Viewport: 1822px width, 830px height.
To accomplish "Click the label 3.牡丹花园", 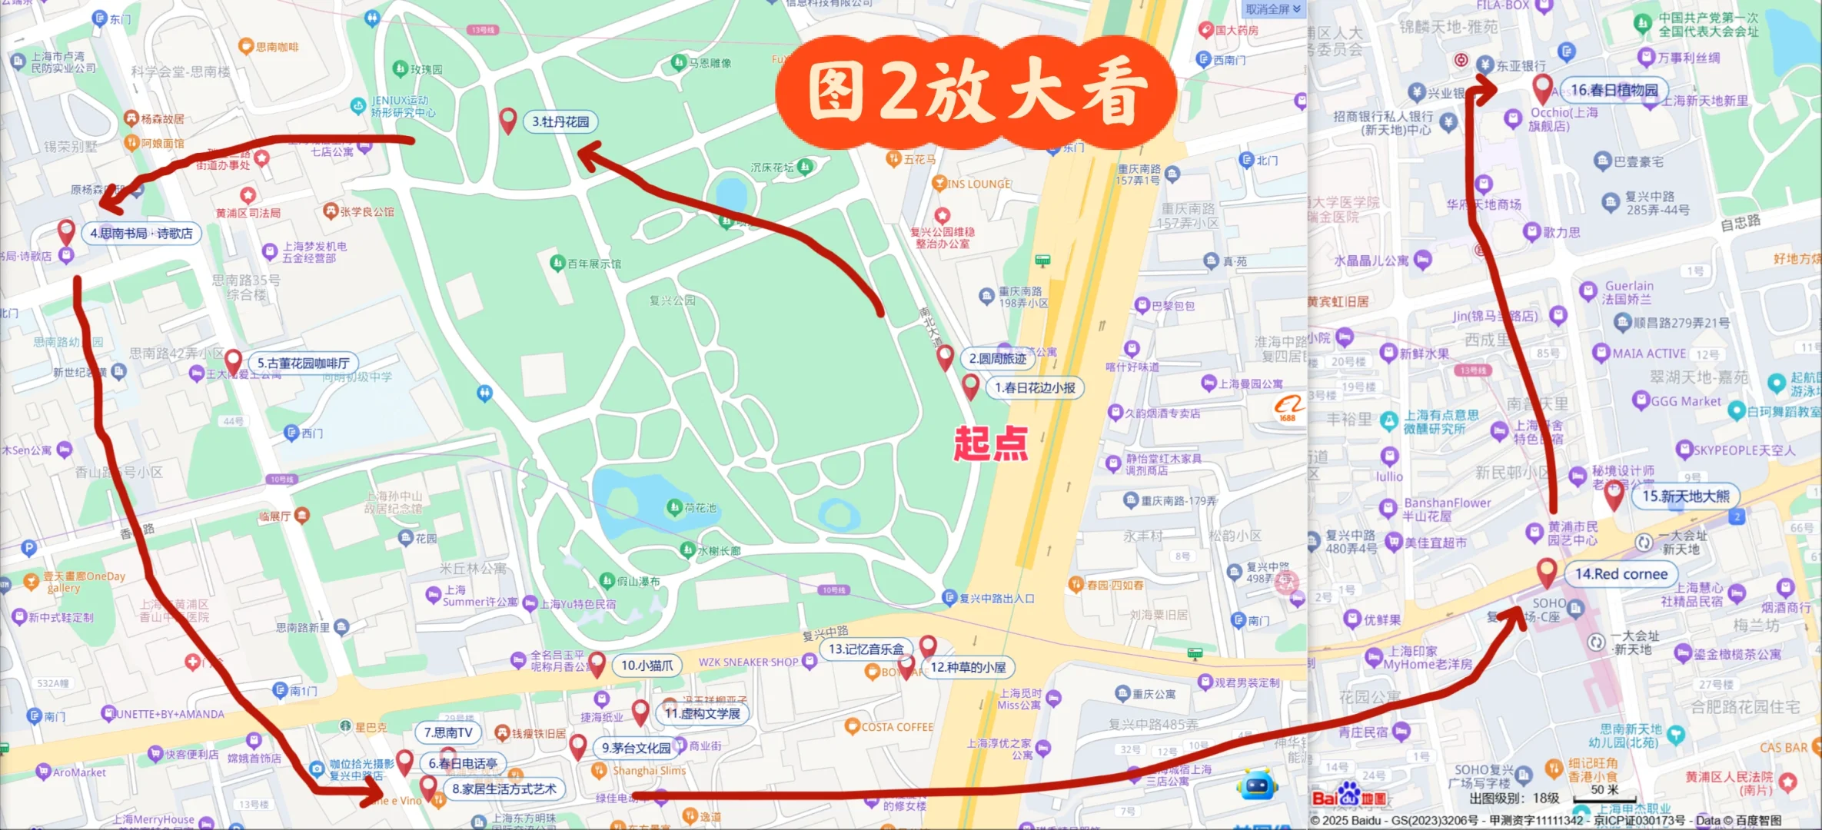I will [x=560, y=121].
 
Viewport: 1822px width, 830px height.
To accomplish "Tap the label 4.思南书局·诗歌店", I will [x=141, y=234].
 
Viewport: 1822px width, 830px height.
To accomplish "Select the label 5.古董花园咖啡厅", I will [x=303, y=364].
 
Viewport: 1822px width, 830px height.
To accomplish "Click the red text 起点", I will [x=991, y=444].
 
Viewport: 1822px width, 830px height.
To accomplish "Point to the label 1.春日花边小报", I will [x=1035, y=388].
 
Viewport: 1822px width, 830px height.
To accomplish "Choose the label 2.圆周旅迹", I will [x=997, y=359].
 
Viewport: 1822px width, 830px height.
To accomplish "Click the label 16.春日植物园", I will [x=1614, y=91].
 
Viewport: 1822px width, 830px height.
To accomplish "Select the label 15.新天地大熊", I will [x=1685, y=496].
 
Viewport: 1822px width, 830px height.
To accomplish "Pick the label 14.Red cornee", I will [x=1621, y=574].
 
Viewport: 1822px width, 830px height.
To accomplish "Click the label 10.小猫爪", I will [x=647, y=666].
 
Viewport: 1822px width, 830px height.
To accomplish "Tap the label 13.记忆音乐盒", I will [x=866, y=649].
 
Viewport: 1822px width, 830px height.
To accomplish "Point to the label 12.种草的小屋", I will [x=968, y=667].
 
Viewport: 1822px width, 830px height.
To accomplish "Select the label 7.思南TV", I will [x=448, y=733].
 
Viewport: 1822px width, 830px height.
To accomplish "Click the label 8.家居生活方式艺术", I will [x=504, y=788].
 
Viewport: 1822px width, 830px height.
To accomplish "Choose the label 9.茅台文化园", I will [x=636, y=748].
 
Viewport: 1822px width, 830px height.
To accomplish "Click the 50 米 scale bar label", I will [x=1604, y=790].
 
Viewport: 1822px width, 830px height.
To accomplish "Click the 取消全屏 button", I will [x=1273, y=9].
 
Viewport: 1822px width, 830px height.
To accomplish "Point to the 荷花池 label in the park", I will [x=700, y=508].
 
